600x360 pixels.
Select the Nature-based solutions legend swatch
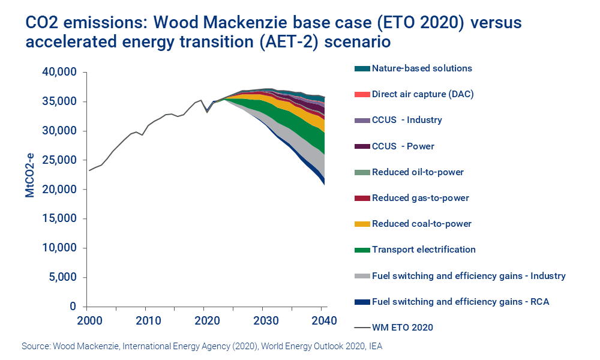coord(362,68)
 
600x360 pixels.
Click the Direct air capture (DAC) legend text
coord(418,94)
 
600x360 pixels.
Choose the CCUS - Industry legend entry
coord(407,120)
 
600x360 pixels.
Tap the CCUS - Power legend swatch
coord(362,146)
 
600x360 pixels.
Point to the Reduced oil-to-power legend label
coord(418,172)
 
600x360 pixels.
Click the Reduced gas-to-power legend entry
coord(420,198)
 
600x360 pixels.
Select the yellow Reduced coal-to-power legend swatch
coord(362,224)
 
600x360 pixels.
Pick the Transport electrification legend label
coord(424,250)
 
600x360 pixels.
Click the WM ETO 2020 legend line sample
coord(362,328)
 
